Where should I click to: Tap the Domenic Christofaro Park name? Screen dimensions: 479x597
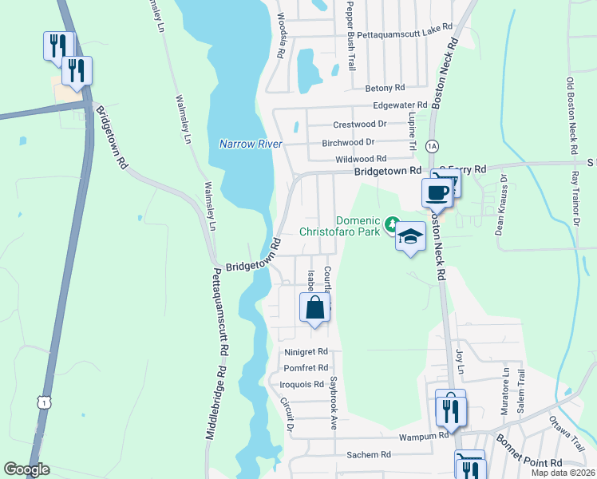click(x=342, y=226)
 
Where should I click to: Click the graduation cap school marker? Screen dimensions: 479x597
click(x=410, y=237)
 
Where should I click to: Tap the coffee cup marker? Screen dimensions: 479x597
click(x=437, y=193)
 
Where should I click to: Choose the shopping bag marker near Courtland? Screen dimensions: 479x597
click(x=314, y=307)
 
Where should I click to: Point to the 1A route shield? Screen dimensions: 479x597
click(x=432, y=146)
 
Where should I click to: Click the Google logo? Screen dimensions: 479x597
click(x=26, y=469)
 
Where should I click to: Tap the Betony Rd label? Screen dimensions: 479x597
click(x=385, y=88)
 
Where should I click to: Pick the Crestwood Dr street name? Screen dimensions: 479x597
click(x=359, y=125)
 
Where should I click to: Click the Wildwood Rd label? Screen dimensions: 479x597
click(x=360, y=160)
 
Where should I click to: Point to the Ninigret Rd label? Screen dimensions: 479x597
click(x=306, y=351)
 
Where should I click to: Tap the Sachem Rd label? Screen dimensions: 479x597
click(x=368, y=454)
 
